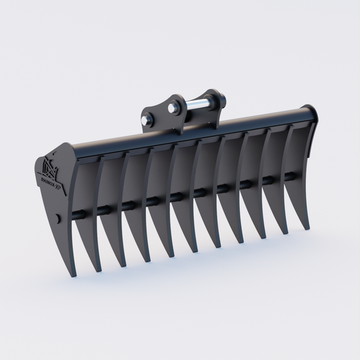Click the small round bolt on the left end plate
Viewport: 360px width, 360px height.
click(x=59, y=218)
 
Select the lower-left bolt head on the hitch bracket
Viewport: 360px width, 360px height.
click(x=147, y=120)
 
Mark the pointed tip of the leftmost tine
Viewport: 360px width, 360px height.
click(x=72, y=276)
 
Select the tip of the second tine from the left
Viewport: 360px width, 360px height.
click(x=98, y=271)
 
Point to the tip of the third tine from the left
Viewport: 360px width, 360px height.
click(x=122, y=265)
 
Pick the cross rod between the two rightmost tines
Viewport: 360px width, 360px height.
click(x=290, y=176)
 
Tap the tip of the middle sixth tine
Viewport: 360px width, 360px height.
click(x=195, y=251)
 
